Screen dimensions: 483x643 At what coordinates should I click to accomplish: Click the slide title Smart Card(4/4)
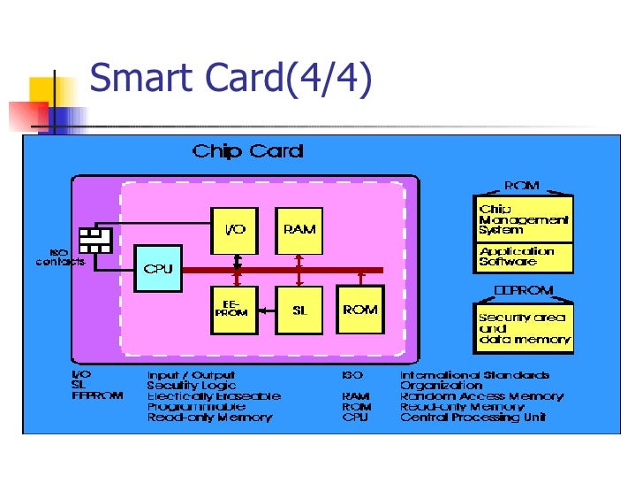231,78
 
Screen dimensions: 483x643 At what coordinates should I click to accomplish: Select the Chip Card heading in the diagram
247,151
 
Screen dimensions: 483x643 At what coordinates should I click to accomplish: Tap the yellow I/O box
234,230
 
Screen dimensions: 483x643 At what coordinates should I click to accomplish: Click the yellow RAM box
299,230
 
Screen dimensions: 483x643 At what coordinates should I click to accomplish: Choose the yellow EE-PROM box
234,310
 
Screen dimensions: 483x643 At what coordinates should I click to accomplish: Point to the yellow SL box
299,310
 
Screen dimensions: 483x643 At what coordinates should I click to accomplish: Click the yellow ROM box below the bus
360,310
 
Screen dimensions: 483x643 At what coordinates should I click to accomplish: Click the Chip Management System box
524,219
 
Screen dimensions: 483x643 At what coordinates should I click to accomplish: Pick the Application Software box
524,257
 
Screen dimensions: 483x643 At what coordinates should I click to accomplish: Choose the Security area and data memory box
524,328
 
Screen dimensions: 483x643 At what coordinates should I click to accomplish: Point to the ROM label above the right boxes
521,187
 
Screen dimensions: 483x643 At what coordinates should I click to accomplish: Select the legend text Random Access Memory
481,396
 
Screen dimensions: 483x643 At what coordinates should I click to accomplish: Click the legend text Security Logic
191,386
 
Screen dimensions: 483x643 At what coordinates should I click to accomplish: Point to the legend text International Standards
474,375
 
